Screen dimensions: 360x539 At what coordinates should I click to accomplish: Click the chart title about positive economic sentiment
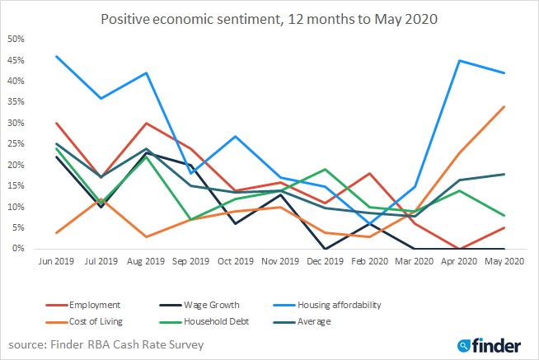coord(269,18)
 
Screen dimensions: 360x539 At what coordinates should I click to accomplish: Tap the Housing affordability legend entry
coord(363,305)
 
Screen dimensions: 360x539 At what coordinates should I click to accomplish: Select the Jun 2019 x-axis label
coord(55,262)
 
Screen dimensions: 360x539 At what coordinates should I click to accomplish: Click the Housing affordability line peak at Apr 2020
coord(460,60)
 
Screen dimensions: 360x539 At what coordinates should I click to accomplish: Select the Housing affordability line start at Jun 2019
coord(55,56)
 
